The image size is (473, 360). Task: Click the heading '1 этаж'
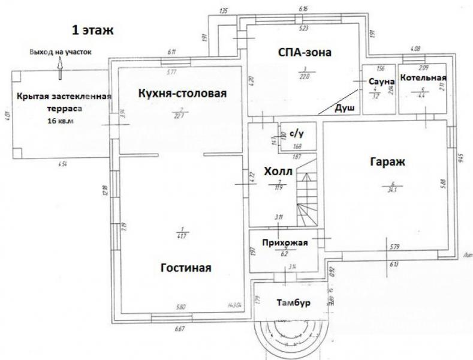(x=92, y=29)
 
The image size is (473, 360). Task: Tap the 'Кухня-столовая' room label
(x=182, y=94)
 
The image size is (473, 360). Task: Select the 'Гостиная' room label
(x=186, y=267)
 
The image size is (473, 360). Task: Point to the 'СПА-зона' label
(x=305, y=52)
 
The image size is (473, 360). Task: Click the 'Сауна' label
(x=382, y=81)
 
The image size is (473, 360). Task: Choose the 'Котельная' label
(x=424, y=78)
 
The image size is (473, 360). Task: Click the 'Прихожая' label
(x=285, y=242)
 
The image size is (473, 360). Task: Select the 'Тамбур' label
(x=294, y=303)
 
